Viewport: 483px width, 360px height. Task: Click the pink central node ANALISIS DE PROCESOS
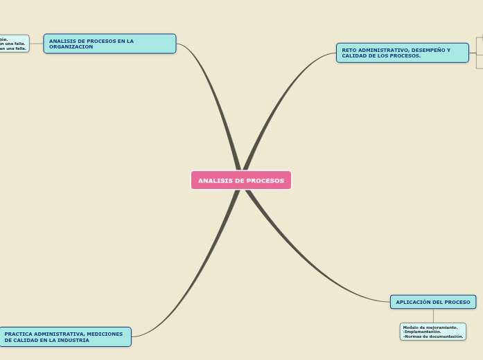point(241,181)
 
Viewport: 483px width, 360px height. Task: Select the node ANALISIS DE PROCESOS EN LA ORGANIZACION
point(109,44)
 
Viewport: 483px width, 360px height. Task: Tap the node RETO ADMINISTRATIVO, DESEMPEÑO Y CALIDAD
point(402,53)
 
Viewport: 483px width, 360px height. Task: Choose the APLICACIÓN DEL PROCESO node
point(432,302)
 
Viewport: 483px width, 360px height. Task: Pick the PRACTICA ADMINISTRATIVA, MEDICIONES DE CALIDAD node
point(65,337)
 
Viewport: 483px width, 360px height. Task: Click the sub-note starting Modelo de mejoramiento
point(432,332)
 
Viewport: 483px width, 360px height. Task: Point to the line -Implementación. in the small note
point(422,332)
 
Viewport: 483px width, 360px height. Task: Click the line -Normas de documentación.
point(433,336)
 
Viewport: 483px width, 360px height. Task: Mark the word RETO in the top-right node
point(349,50)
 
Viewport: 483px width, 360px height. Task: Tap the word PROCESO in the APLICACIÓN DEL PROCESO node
point(457,302)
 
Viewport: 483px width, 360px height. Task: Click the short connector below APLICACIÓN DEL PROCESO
point(433,316)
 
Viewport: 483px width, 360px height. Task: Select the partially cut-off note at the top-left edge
point(14,44)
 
